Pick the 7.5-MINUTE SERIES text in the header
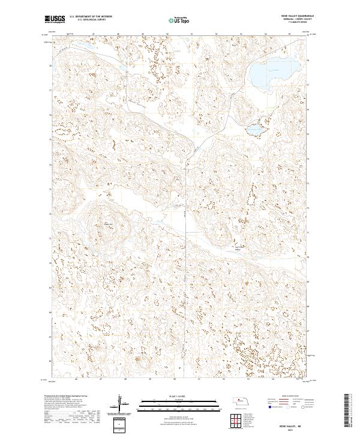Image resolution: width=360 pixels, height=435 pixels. [295, 22]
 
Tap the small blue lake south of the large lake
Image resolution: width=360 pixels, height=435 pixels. [254, 129]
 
